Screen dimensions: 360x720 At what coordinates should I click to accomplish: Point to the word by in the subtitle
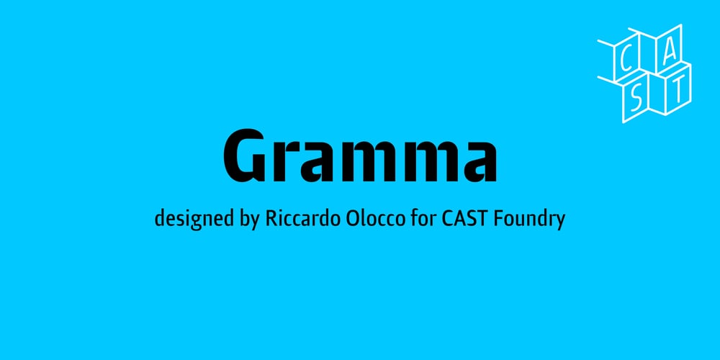247,219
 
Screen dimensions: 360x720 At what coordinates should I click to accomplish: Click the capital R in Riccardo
272,217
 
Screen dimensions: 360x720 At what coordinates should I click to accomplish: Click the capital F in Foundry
500,217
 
